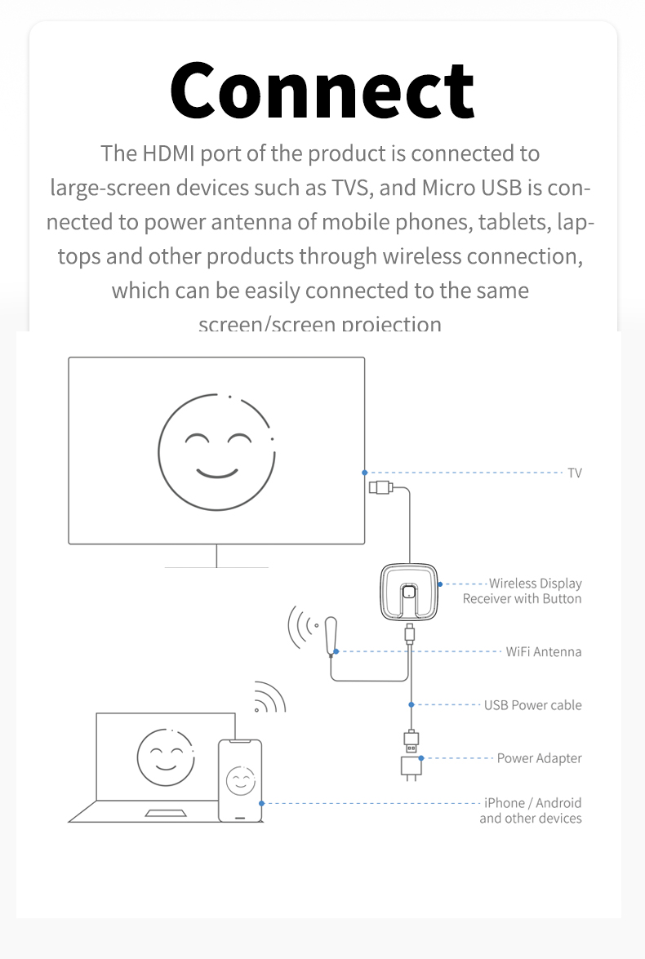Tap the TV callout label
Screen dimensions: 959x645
click(575, 473)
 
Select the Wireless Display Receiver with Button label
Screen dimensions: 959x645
click(523, 591)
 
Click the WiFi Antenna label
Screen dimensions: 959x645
click(544, 651)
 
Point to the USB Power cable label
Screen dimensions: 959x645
click(532, 704)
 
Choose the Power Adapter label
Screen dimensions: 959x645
click(539, 758)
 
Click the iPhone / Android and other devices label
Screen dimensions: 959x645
click(532, 810)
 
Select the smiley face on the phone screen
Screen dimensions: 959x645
click(240, 781)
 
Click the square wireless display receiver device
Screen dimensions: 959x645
click(410, 593)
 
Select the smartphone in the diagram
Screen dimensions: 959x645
click(240, 780)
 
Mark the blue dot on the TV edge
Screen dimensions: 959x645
click(365, 473)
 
